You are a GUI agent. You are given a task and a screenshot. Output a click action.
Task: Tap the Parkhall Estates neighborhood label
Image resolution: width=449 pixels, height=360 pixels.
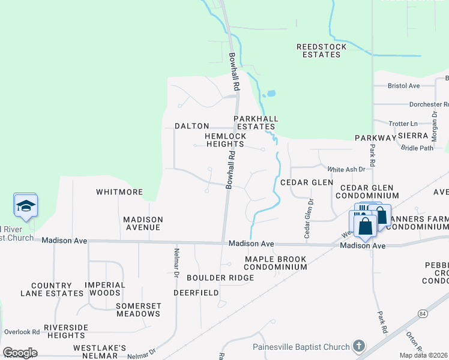pos(255,122)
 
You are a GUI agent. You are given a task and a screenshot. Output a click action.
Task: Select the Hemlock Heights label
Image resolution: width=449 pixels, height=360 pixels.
pos(224,140)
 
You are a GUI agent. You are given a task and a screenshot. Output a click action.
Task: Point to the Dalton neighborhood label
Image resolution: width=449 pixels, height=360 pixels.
pos(191,126)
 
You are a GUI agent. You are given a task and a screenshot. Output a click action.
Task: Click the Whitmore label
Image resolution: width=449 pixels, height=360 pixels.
pos(120,192)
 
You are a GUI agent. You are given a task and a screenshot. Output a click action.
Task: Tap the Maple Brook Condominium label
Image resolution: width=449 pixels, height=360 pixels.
pos(276,263)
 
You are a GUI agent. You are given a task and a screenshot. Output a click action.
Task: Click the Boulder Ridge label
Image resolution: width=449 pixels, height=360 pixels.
pos(220,278)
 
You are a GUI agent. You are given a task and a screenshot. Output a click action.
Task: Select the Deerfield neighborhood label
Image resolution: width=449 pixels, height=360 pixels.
pos(196,293)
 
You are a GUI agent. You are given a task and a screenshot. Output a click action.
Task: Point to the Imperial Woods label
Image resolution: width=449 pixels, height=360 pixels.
pos(105,289)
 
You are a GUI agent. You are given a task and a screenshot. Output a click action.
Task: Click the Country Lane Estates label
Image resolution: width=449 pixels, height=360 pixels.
pos(52,289)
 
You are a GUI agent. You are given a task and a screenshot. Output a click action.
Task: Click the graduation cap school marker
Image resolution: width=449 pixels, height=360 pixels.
pos(26,206)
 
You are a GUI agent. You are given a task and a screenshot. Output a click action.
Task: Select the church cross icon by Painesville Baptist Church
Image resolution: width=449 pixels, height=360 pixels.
pos(358,346)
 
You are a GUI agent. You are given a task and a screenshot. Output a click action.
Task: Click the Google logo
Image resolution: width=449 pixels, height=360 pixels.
pos(20,353)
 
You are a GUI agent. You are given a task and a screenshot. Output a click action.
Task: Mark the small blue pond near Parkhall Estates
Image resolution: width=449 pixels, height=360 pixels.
pos(270,94)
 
